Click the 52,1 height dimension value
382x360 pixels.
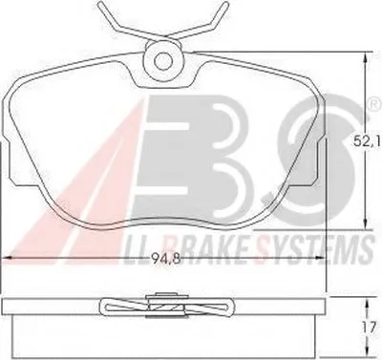coord(367,141)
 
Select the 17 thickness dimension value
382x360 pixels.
coord(370,328)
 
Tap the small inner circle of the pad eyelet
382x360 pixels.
coord(163,60)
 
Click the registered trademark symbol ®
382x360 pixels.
coord(374,104)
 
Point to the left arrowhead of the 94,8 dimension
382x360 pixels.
coord(8,258)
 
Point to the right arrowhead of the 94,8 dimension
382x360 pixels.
coord(320,258)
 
